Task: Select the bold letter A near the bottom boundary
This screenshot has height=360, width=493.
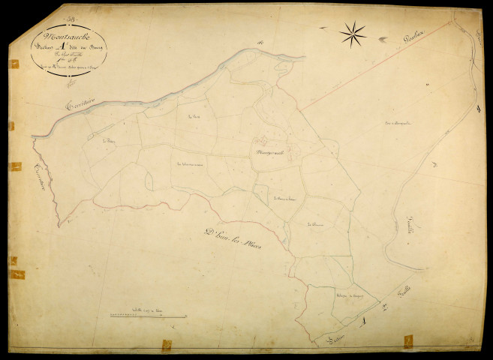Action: [x=364, y=322]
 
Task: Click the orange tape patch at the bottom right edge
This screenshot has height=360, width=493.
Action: [x=407, y=342]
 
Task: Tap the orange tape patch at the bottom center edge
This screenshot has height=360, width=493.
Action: [x=167, y=344]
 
